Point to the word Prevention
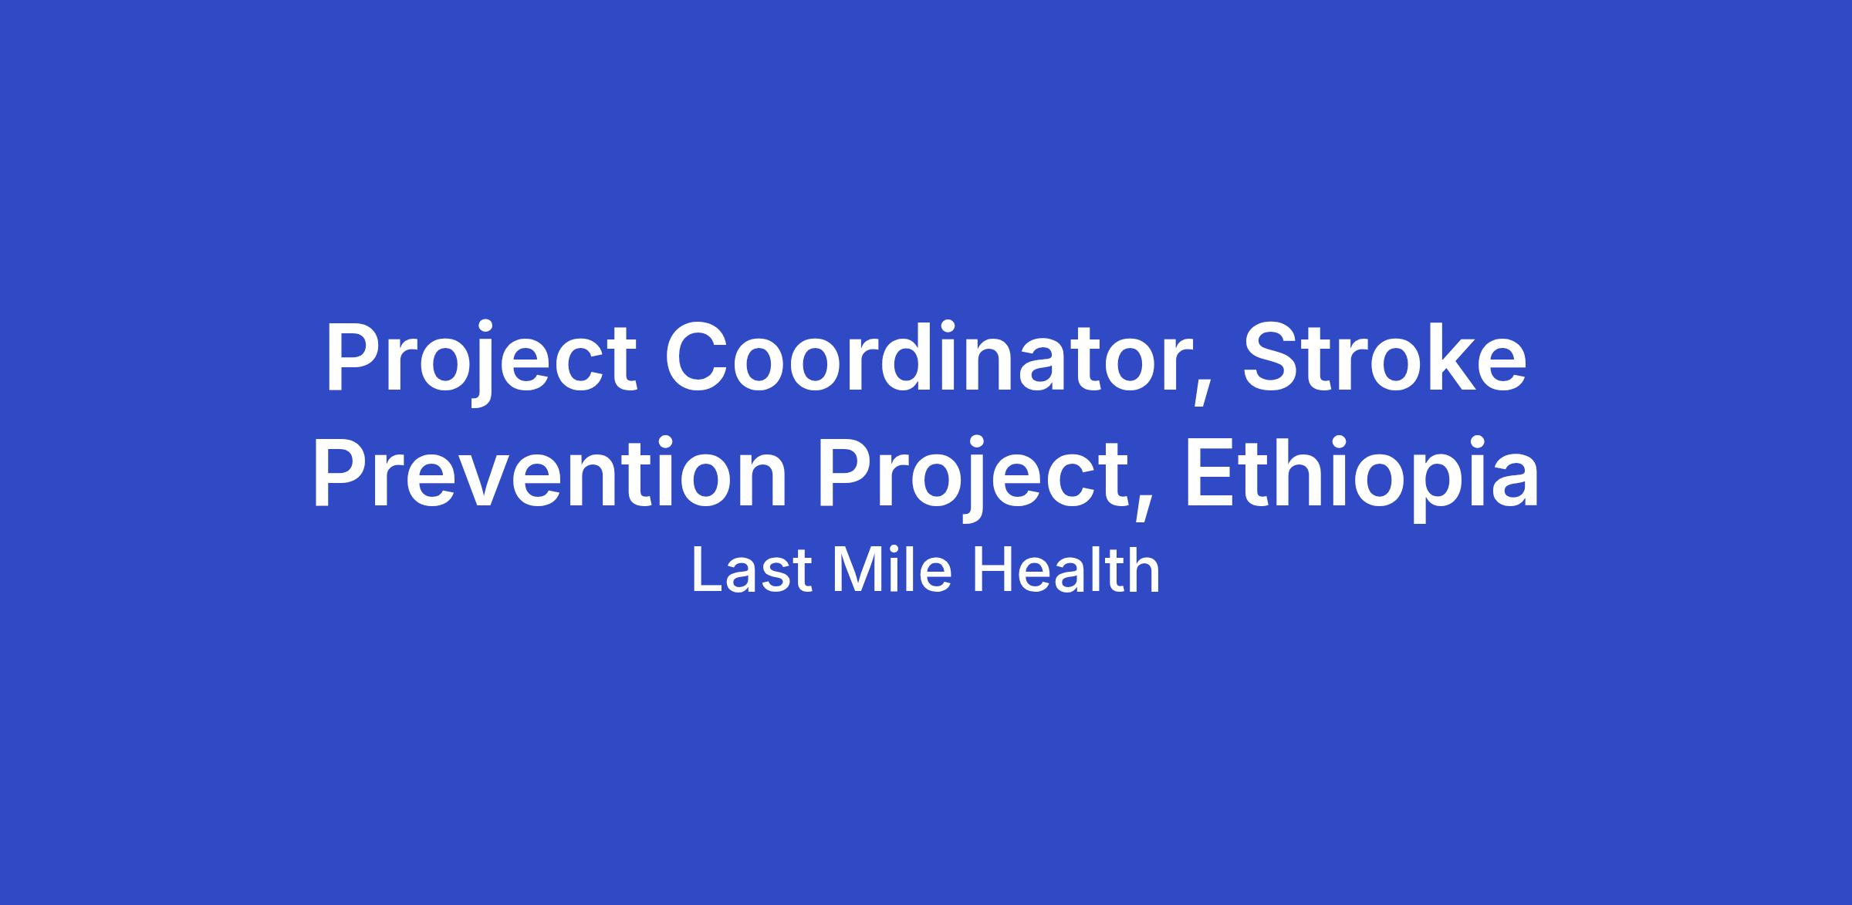(x=549, y=473)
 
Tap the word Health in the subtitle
(x=1066, y=571)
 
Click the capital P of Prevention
(x=340, y=472)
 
